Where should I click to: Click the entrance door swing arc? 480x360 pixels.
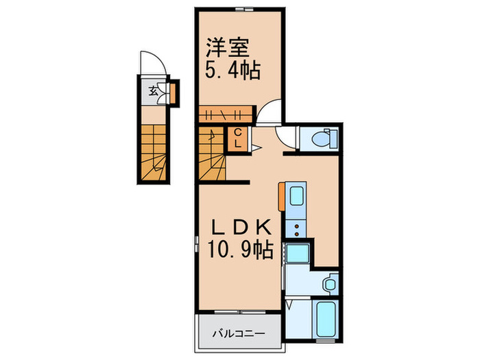coord(149,65)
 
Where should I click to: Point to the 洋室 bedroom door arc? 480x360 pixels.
coord(269,113)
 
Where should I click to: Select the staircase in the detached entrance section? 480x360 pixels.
coord(157,154)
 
